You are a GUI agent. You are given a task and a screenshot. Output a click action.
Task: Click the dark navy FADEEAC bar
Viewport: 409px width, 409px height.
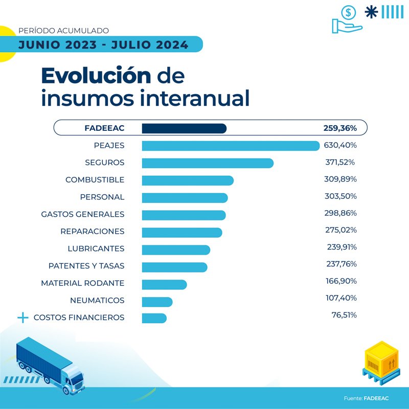pos(184,128)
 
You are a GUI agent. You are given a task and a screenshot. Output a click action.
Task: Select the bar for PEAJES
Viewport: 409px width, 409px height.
pos(230,146)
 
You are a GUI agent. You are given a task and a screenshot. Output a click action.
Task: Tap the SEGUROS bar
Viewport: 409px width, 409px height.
pos(207,163)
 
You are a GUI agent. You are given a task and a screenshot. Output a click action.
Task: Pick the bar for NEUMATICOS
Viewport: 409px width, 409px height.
pos(157,301)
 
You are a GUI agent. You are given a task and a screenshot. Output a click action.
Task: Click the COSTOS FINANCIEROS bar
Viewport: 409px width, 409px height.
pos(154,318)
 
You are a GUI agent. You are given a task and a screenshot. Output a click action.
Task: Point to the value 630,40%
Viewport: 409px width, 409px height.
pos(340,145)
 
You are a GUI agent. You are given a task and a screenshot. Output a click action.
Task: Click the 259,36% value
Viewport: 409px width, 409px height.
pos(339,128)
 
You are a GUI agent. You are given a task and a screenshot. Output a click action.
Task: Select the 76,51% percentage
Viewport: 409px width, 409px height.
pos(344,315)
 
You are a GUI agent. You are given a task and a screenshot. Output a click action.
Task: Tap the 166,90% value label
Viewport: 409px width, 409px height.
pos(341,281)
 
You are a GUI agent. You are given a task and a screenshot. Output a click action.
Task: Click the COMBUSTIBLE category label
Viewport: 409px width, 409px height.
pos(95,180)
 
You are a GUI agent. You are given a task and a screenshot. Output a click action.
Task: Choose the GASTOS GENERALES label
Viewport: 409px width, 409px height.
pos(82,214)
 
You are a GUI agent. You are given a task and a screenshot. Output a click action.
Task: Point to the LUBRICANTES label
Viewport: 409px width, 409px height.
pos(96,249)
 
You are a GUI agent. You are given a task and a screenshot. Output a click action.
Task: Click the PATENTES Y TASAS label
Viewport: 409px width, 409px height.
pos(86,266)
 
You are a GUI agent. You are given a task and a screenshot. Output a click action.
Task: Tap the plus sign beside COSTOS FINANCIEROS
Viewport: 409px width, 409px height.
pos(22,317)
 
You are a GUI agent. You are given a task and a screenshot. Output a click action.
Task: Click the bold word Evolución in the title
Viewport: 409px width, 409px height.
pos(96,76)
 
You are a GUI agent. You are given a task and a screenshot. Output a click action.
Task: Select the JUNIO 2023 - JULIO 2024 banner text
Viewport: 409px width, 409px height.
pos(103,44)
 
